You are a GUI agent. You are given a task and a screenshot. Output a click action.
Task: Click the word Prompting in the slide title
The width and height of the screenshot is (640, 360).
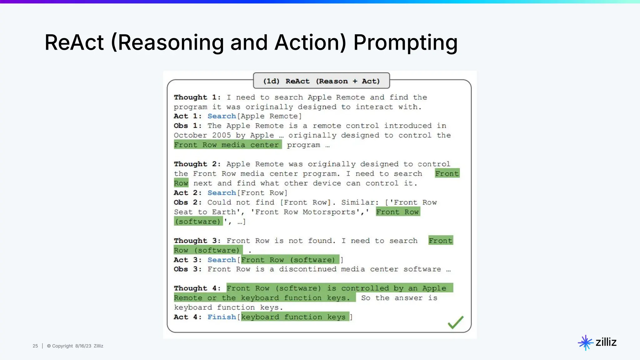tap(405, 43)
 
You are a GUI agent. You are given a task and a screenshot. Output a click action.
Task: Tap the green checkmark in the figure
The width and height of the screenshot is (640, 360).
tap(455, 322)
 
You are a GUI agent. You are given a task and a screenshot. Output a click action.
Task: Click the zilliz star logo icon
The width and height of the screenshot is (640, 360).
tap(585, 342)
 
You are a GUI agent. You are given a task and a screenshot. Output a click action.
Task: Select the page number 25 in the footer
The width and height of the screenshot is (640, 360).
tap(35, 346)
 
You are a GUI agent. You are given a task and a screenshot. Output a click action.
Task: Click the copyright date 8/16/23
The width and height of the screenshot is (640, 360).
tap(83, 346)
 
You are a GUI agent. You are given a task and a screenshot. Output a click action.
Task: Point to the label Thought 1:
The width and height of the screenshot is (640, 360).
tap(197, 97)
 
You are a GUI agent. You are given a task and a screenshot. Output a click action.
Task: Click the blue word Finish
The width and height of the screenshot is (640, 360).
tap(222, 317)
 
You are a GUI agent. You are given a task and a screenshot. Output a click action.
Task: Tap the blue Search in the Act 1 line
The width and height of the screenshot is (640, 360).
tap(222, 116)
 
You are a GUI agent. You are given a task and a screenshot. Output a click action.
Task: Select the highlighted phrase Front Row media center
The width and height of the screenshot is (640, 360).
tap(227, 145)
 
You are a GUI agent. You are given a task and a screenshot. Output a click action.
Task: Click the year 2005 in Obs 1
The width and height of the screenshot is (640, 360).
tap(221, 135)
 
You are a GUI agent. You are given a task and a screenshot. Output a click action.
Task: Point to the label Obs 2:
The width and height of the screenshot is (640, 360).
tap(188, 202)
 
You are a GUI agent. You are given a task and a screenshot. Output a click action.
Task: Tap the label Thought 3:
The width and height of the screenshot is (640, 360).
tap(197, 241)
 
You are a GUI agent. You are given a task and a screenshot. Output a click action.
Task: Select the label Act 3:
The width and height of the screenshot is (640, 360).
tap(188, 260)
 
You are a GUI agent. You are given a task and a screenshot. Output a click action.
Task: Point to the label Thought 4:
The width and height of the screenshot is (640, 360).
tap(197, 288)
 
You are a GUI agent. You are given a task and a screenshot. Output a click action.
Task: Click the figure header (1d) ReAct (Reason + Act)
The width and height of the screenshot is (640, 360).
tap(321, 81)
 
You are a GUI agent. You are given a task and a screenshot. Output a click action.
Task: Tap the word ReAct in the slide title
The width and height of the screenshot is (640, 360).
tap(74, 43)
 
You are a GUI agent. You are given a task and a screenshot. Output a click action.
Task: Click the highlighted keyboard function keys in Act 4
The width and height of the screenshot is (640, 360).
tap(293, 317)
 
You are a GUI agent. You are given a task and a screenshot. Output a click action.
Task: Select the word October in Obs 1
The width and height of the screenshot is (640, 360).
tap(190, 135)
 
